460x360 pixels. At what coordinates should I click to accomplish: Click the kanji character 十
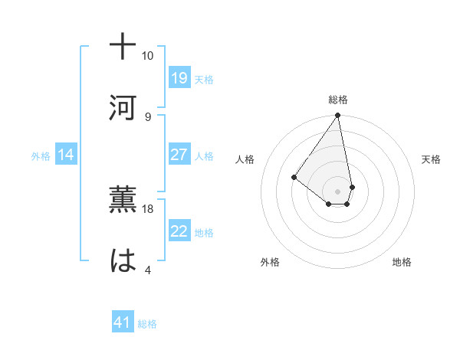coord(123,47)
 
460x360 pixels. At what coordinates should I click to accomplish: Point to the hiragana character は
coord(123,261)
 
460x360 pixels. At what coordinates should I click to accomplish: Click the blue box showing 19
coord(179,77)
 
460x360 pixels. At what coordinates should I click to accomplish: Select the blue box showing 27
coord(179,154)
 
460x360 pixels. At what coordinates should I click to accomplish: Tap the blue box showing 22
coord(179,231)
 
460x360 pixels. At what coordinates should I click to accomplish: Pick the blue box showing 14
coord(66,155)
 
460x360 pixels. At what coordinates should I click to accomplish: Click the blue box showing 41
coord(123,322)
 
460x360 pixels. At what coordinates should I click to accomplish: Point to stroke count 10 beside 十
coord(147,56)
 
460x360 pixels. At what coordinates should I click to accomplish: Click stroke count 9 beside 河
coord(147,116)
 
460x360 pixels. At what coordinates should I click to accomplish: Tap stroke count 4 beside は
coord(147,270)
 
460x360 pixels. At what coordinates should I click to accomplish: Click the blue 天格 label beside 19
coord(204,79)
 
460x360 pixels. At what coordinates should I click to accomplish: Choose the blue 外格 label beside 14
coord(41,156)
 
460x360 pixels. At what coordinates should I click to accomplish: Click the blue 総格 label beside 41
coord(147,324)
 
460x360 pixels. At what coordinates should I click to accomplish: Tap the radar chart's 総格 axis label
coord(337,100)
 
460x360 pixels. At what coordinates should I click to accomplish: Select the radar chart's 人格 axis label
coord(245,159)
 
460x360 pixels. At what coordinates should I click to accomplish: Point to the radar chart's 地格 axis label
coord(402,262)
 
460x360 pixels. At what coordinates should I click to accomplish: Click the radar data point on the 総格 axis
coord(337,116)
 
